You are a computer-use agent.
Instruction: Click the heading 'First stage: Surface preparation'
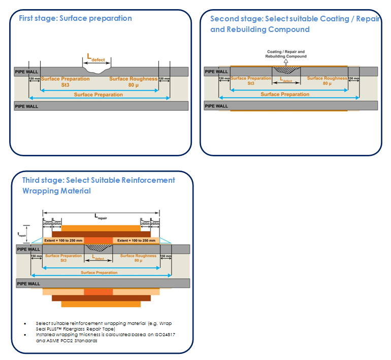click(x=75, y=18)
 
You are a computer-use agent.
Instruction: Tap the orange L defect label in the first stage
click(x=96, y=59)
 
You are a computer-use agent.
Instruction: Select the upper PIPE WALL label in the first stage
click(x=26, y=72)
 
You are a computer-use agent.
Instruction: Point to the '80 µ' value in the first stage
click(x=133, y=85)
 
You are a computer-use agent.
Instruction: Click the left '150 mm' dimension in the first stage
click(x=34, y=79)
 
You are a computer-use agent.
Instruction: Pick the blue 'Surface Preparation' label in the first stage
click(x=99, y=94)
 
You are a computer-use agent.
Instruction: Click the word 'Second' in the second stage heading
click(x=222, y=19)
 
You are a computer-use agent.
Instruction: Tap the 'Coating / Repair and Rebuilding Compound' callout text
click(x=286, y=54)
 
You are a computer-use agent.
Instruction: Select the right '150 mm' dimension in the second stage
click(x=354, y=78)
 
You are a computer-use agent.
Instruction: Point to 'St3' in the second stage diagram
click(x=251, y=83)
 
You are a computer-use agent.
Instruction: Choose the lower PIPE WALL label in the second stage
click(x=216, y=106)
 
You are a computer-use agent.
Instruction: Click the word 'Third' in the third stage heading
click(x=31, y=180)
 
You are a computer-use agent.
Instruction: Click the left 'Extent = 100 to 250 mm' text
click(x=63, y=240)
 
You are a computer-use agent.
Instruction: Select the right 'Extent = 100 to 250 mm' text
click(x=137, y=240)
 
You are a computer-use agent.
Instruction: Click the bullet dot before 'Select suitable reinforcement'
click(x=26, y=323)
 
